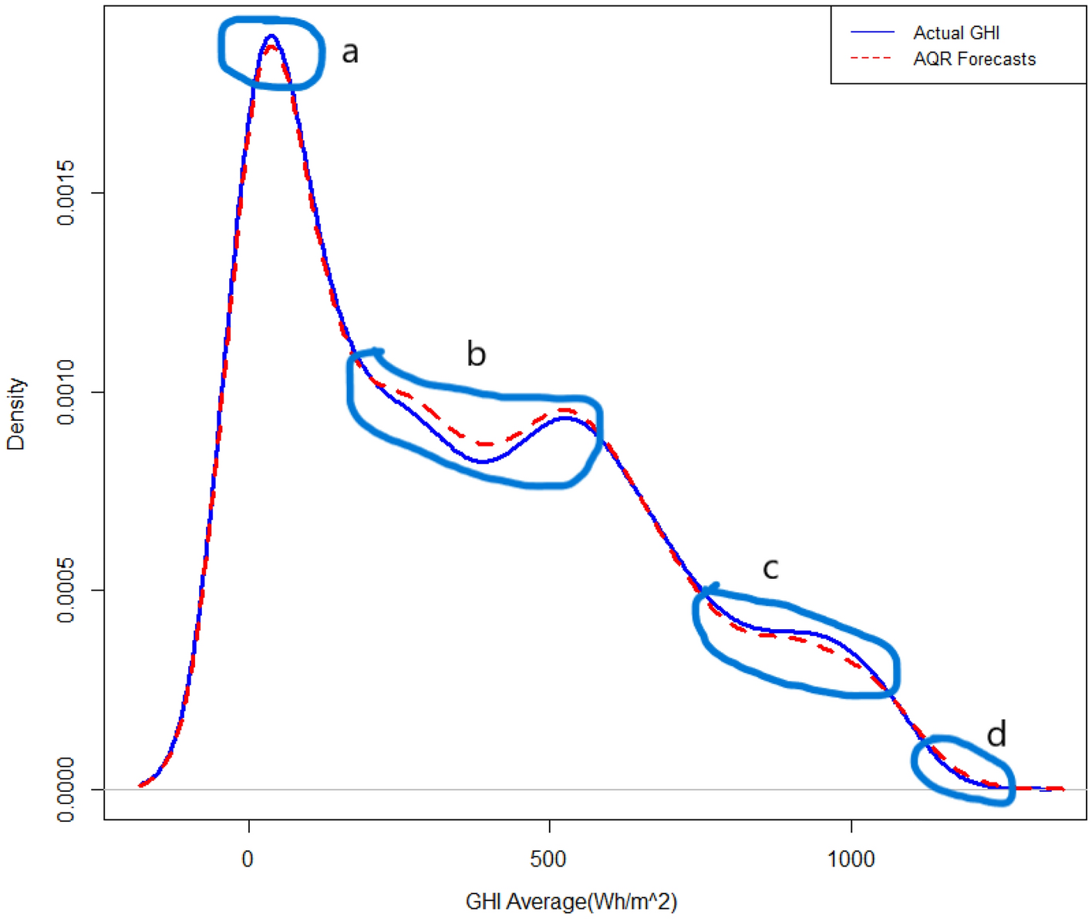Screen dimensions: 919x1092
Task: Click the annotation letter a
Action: tap(350, 52)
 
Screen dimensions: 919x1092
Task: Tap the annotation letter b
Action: tap(476, 354)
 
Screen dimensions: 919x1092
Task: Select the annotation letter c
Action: tap(770, 568)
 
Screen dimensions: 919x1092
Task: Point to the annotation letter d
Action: tap(996, 735)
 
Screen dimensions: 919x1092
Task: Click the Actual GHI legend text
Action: tap(956, 33)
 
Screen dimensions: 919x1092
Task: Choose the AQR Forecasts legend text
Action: tap(974, 59)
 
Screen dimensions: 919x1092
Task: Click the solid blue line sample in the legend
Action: tap(872, 32)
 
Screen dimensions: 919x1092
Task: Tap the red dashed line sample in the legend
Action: tap(872, 59)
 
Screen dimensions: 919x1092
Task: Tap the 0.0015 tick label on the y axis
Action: tap(67, 193)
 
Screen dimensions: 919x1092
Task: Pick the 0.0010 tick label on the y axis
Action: tap(67, 392)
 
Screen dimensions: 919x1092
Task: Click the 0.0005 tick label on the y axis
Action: tap(67, 591)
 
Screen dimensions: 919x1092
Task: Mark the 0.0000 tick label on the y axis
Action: tap(67, 789)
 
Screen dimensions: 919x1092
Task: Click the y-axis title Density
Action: tap(16, 414)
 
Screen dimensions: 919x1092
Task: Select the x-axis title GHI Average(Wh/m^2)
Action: tap(571, 901)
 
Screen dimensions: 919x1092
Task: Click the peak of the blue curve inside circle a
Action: tap(271, 35)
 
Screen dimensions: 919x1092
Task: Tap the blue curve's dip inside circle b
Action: tap(482, 461)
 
